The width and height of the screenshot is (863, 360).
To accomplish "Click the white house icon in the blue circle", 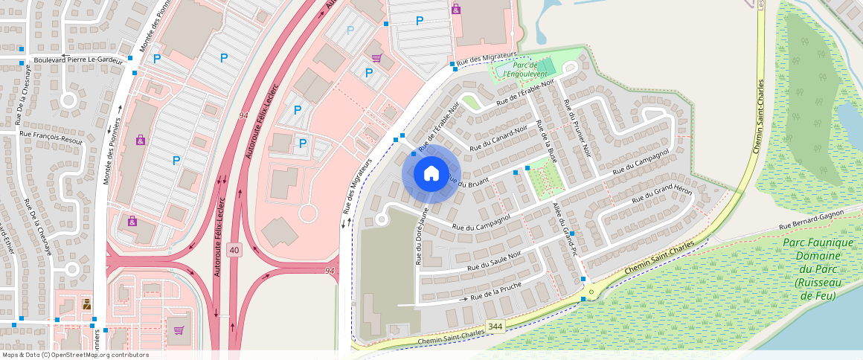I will pyautogui.click(x=431, y=174).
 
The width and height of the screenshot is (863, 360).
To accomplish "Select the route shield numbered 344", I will pyautogui.click(x=495, y=327).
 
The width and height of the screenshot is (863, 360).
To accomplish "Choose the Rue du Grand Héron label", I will pyautogui.click(x=661, y=196).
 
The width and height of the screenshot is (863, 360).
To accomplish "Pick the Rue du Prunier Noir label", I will pyautogui.click(x=577, y=127).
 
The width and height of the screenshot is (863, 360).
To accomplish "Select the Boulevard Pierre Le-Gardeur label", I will pyautogui.click(x=83, y=59).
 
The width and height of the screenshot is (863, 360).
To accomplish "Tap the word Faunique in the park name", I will pyautogui.click(x=817, y=242).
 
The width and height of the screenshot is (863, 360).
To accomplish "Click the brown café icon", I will pyautogui.click(x=86, y=303).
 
